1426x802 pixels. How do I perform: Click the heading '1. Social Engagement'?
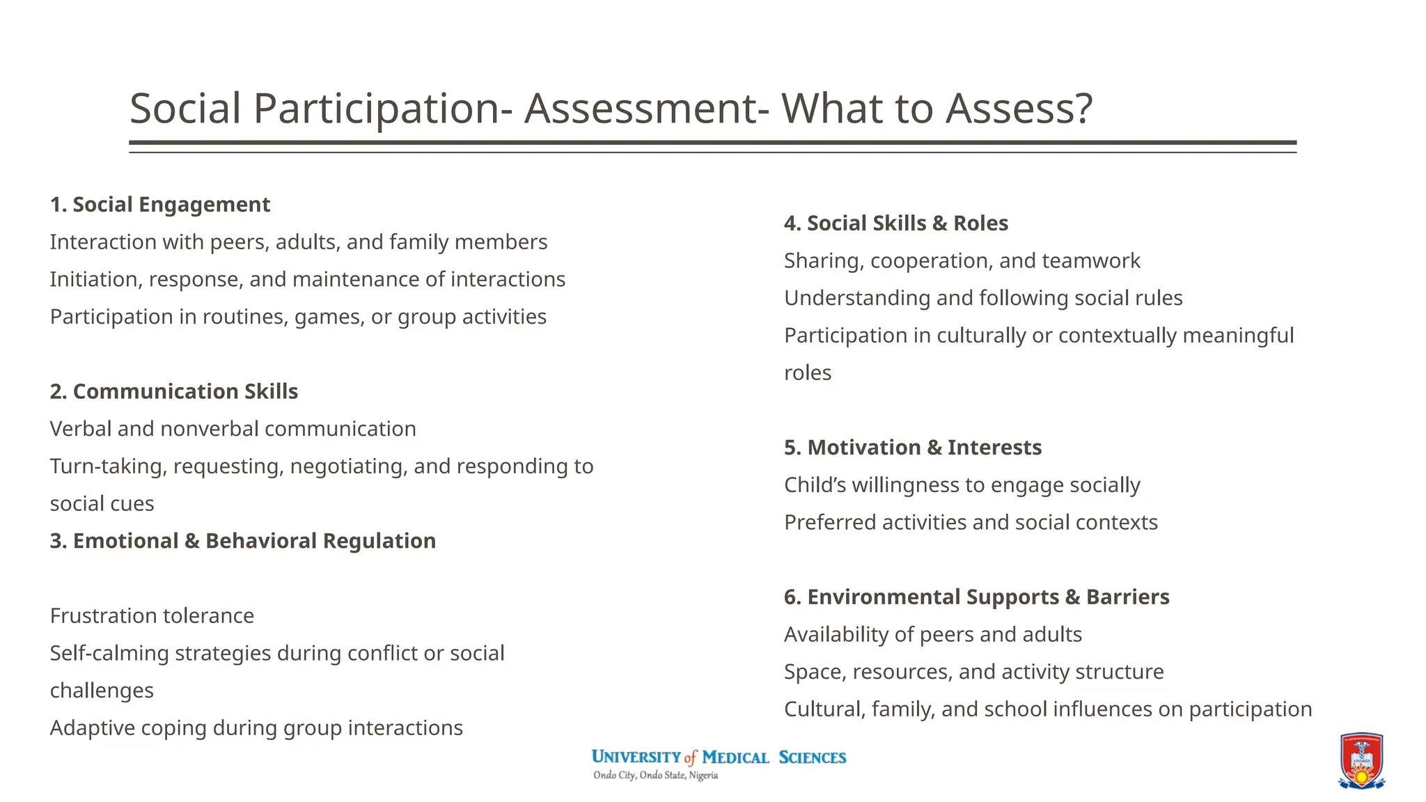159,205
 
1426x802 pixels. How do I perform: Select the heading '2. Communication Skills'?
173,391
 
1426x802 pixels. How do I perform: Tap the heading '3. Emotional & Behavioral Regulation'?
242,541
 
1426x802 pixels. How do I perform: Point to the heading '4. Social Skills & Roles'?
895,223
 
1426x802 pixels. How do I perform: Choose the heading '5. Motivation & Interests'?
912,448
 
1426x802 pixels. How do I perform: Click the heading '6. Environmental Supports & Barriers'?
976,597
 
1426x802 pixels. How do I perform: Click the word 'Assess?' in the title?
1019,109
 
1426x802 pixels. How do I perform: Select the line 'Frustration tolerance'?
152,616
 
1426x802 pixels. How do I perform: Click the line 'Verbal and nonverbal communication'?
233,429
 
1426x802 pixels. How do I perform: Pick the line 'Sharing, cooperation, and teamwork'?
962,261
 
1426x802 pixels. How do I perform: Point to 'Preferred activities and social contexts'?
971,523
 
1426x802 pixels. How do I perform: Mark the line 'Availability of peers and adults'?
932,635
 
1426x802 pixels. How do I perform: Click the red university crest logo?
1361,760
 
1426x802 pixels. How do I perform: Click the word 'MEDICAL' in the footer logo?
735,757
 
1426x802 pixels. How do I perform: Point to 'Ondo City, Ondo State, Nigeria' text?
655,776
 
